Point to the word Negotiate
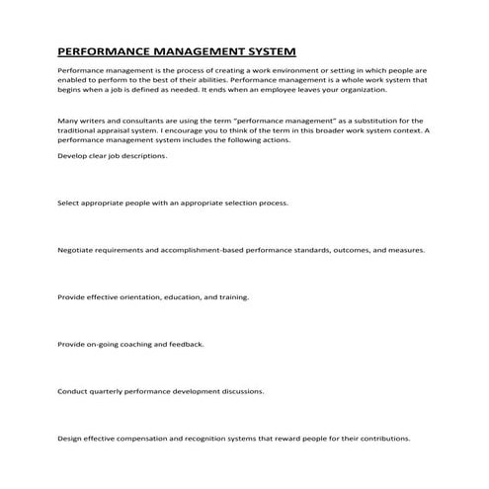[77, 250]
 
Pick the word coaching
[144, 345]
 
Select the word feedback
[189, 345]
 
